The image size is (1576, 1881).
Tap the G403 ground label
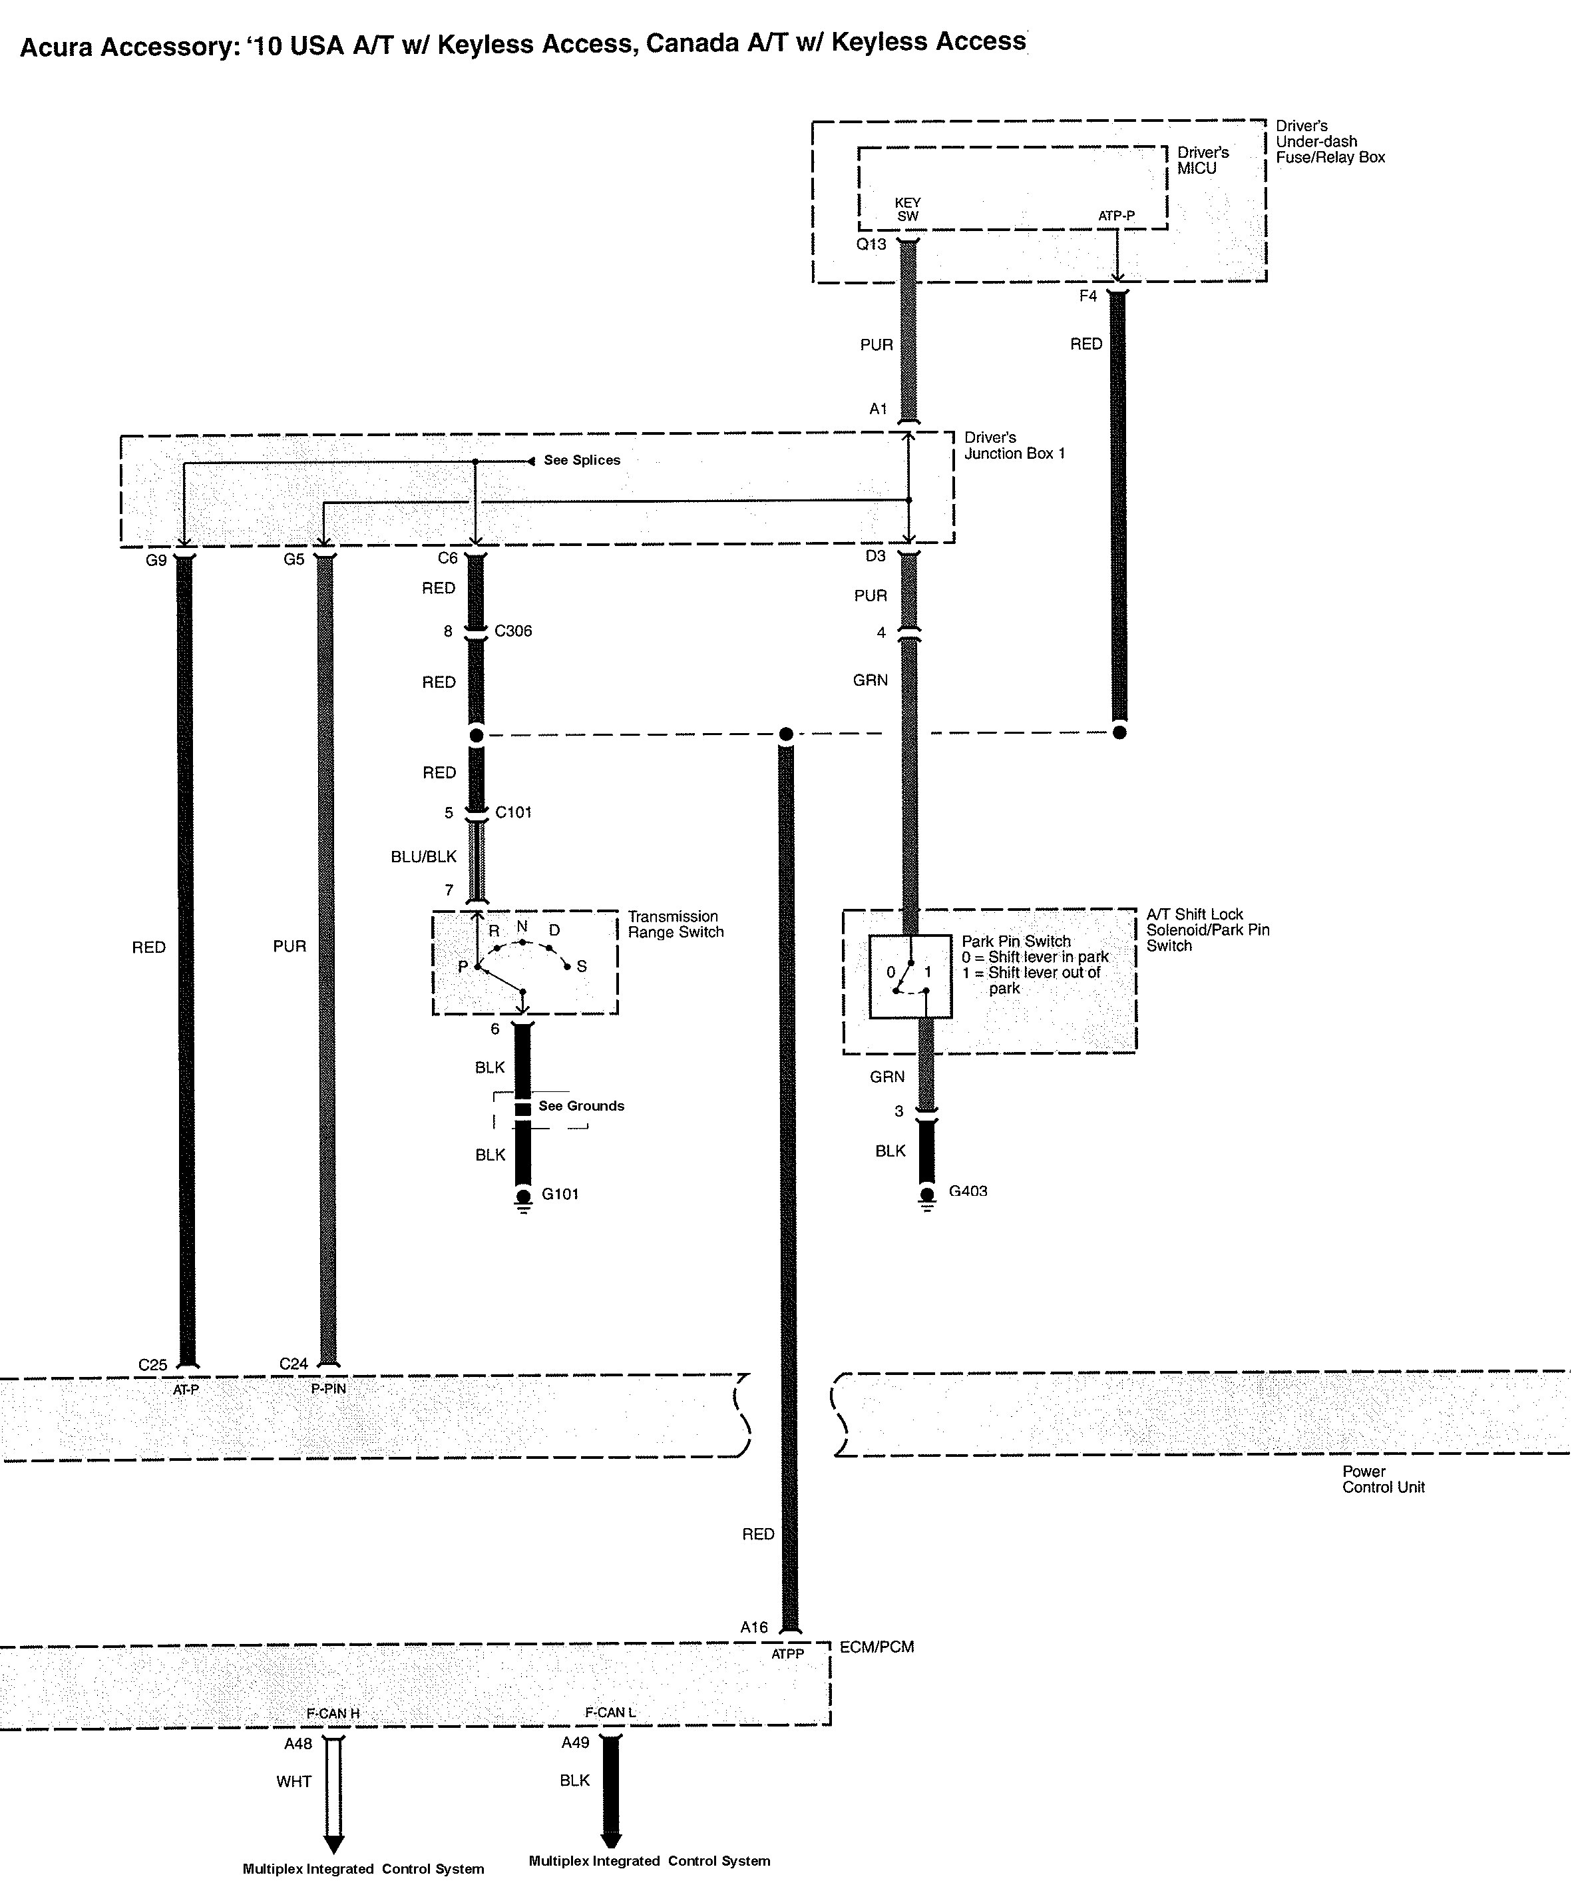(x=967, y=1191)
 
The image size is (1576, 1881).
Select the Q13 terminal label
(x=871, y=244)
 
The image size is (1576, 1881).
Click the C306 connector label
(x=513, y=631)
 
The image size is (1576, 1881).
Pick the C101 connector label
(x=513, y=812)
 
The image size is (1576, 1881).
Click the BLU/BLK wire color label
(x=423, y=856)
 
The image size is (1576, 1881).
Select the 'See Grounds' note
(x=581, y=1105)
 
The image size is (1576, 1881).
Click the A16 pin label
(x=754, y=1627)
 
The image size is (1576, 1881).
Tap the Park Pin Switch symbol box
(x=910, y=976)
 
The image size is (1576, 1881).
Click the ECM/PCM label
(x=876, y=1647)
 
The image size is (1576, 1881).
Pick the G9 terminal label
(x=156, y=560)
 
